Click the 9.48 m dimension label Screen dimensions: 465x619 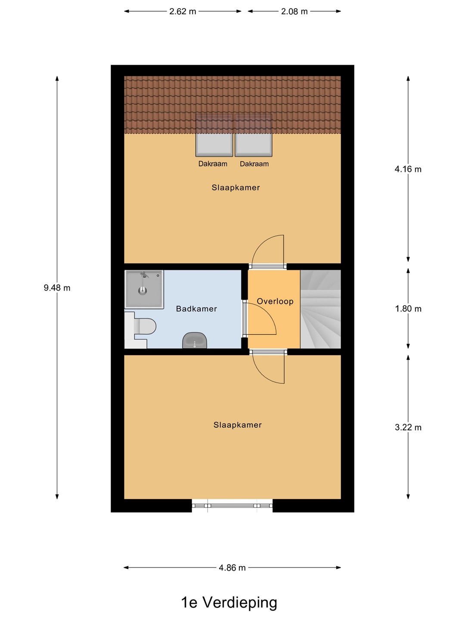point(57,288)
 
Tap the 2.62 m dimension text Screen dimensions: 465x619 point(183,12)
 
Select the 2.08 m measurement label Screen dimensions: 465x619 point(294,12)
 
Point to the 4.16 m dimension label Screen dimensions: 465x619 point(408,169)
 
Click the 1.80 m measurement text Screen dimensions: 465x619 point(408,309)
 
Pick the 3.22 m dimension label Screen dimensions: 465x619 point(408,428)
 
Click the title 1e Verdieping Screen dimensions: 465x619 point(229,602)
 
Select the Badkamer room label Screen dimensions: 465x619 point(196,309)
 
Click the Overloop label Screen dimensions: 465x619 point(275,301)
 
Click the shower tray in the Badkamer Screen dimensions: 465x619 point(144,289)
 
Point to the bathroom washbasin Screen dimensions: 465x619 point(195,340)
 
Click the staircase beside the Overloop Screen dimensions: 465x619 point(320,309)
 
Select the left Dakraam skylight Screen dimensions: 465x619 point(214,135)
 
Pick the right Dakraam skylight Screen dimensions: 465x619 point(254,135)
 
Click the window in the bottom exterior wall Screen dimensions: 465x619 point(232,506)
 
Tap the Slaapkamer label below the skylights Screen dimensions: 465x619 point(236,188)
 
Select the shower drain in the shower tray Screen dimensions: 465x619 point(143,291)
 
